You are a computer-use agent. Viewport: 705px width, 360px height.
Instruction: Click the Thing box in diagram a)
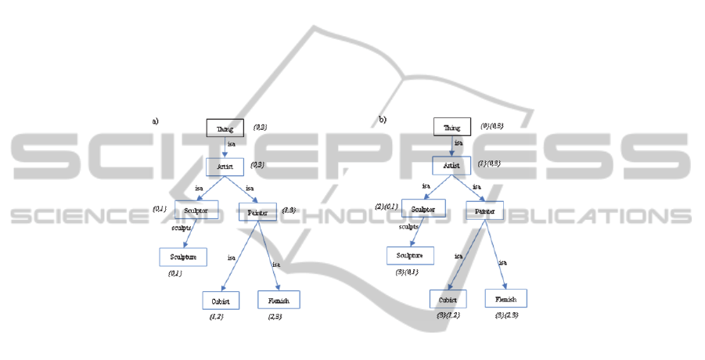tap(225, 128)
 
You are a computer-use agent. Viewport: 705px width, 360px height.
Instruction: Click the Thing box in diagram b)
tap(452, 128)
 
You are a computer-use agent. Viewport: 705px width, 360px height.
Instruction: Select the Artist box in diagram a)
tap(225, 167)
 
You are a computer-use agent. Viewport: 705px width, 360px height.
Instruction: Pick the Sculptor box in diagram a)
tap(196, 211)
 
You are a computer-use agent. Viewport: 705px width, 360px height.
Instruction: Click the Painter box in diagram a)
tap(257, 211)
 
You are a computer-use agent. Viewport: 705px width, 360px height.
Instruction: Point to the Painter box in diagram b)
tap(484, 210)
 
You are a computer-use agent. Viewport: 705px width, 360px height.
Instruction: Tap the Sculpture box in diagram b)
tap(410, 255)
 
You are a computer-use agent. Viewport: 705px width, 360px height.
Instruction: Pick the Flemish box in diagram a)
tap(279, 300)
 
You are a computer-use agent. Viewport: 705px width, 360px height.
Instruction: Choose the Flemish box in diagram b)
tap(505, 298)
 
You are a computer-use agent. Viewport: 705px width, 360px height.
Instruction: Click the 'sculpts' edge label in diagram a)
tap(182, 229)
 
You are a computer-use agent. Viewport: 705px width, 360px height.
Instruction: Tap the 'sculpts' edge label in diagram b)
tap(408, 227)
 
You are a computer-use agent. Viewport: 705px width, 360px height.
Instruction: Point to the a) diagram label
tap(155, 121)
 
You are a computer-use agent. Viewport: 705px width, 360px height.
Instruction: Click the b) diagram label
tap(383, 120)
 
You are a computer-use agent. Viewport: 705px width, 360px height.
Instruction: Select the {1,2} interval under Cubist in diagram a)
tap(217, 316)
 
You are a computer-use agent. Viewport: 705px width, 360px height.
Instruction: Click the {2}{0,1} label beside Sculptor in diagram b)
tap(387, 207)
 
